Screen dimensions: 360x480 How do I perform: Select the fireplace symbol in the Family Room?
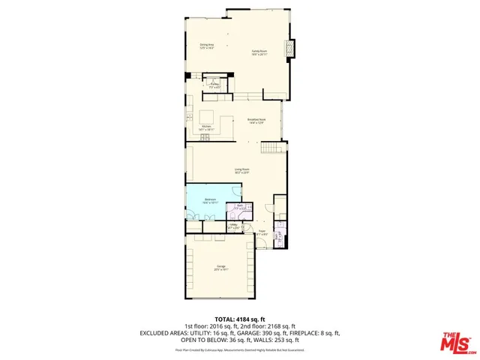point(292,49)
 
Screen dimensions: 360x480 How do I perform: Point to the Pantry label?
point(214,85)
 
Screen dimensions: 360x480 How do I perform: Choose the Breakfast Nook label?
point(256,121)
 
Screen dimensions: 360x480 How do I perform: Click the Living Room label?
point(241,171)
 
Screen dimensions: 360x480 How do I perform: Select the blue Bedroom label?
point(211,200)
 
